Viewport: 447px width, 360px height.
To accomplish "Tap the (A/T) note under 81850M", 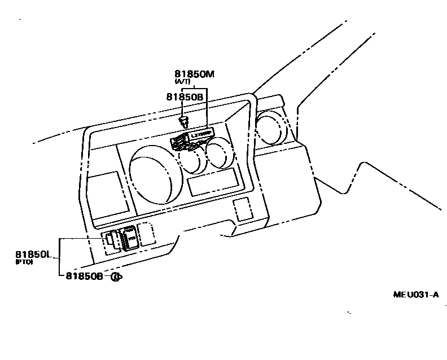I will point(183,82).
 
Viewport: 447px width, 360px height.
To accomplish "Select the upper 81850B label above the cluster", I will point(185,96).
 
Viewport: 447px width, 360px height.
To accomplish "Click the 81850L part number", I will point(34,255).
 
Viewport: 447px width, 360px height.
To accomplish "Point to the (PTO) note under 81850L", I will point(24,262).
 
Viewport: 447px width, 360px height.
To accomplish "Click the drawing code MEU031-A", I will point(415,295).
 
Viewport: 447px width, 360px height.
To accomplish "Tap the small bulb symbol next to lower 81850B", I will point(116,276).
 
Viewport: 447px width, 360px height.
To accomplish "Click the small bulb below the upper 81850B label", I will point(183,120).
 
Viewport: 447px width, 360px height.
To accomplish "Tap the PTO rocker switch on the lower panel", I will point(129,237).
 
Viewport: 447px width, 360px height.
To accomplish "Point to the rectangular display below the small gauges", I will point(213,182).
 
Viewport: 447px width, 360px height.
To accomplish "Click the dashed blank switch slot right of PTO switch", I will point(146,233).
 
